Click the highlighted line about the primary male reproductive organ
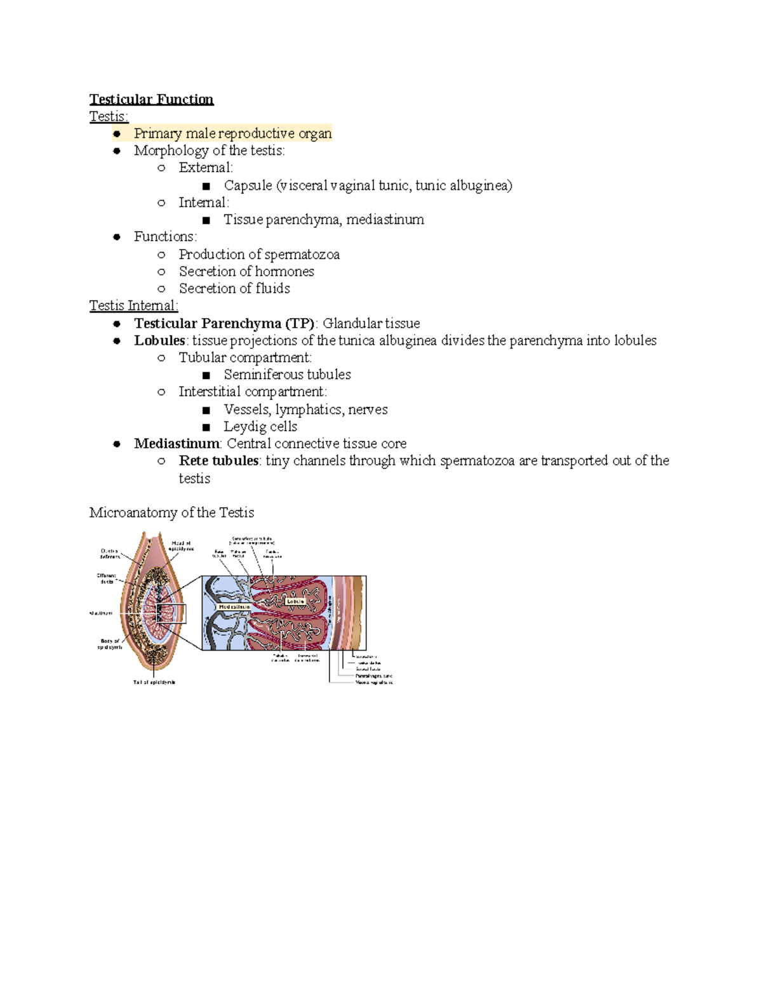pos(232,133)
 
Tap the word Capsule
pos(248,185)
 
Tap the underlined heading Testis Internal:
pos(133,306)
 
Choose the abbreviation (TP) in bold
pos(300,323)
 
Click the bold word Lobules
pos(159,340)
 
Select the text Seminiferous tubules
pos(287,375)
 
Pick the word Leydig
pos(241,427)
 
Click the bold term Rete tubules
pos(218,461)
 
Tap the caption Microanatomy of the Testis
pos(171,512)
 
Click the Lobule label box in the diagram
pos(296,601)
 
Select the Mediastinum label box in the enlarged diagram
pos(234,607)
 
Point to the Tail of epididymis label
pos(154,683)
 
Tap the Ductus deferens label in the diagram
pos(109,554)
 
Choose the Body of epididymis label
pos(110,644)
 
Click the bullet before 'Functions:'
pos(117,237)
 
